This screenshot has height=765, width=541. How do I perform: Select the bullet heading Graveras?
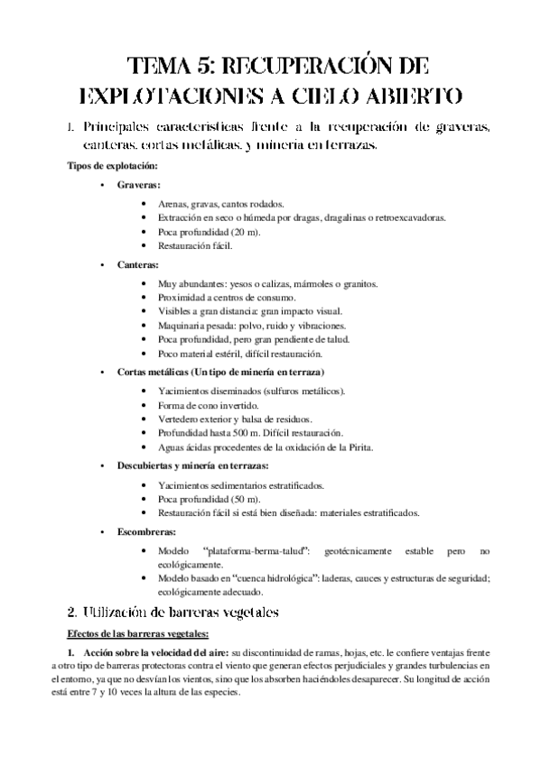pos(139,184)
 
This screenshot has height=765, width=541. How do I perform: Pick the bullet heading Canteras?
pos(138,264)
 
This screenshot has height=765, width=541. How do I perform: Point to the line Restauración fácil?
pos(191,245)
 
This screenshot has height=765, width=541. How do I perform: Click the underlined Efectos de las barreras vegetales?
pos(132,633)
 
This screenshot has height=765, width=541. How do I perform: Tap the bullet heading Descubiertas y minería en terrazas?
pos(192,465)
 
